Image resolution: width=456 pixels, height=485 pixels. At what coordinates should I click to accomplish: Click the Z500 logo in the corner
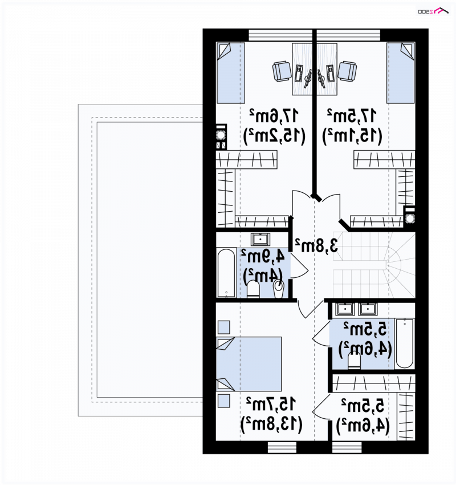point(433,11)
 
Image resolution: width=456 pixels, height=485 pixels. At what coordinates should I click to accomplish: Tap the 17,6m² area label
point(274,116)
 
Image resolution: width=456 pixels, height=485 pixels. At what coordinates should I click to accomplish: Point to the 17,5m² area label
point(352,116)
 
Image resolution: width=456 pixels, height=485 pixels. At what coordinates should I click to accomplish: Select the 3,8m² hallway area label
point(316,245)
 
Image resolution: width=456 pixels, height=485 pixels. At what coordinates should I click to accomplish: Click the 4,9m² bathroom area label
point(263,256)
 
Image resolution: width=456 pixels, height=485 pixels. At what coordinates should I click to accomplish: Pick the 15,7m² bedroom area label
point(271,404)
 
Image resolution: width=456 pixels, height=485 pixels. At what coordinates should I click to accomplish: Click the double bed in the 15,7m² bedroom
point(249,364)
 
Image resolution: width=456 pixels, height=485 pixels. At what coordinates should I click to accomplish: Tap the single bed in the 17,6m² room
point(231,73)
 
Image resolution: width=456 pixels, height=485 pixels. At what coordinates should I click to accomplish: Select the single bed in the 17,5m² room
point(401,73)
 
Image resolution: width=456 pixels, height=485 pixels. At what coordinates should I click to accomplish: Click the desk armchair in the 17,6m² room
point(282,71)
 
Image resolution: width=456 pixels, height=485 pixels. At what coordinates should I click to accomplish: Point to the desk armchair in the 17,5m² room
point(347,71)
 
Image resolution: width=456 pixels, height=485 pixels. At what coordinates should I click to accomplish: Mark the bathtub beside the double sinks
point(404,343)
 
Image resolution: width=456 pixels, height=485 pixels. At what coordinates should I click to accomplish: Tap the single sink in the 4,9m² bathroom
point(260,240)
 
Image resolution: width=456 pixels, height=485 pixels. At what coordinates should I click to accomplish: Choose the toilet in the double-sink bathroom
point(354,361)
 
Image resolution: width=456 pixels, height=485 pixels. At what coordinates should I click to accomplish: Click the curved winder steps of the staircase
point(401,265)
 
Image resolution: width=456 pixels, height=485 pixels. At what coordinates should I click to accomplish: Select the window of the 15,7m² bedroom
point(282,447)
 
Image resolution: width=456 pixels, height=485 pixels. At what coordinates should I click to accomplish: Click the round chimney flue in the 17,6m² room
point(221,135)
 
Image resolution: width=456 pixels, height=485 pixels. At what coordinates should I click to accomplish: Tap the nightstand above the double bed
point(223,328)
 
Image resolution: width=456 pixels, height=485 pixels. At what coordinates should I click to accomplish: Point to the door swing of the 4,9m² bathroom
point(299,266)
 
